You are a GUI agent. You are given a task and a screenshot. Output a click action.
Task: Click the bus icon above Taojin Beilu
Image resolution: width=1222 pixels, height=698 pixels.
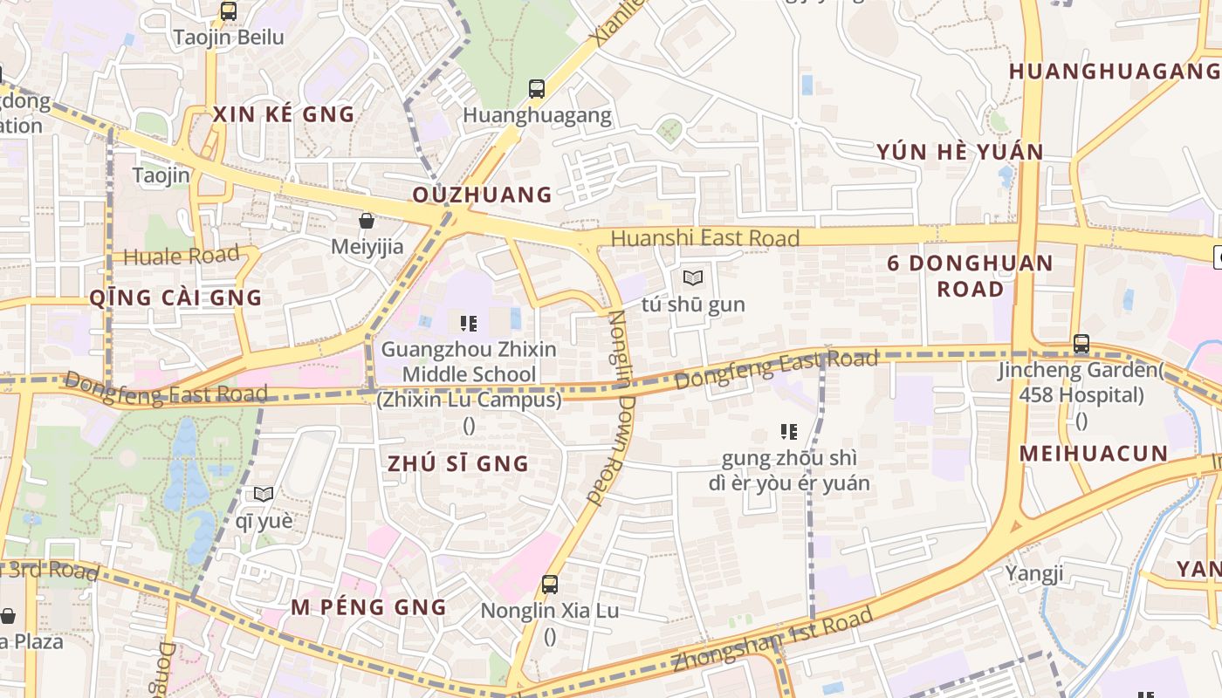(228, 11)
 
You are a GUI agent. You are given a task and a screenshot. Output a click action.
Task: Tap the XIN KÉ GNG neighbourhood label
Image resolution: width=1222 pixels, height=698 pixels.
(284, 114)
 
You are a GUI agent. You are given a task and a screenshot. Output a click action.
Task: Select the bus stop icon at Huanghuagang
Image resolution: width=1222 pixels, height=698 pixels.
(536, 88)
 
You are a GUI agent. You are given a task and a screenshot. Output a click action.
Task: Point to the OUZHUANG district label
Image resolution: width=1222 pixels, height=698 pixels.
(482, 195)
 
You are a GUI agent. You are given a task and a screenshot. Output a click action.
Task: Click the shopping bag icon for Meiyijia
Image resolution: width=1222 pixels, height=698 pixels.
(367, 221)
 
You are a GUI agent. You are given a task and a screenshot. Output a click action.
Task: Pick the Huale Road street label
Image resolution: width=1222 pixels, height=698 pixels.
(182, 256)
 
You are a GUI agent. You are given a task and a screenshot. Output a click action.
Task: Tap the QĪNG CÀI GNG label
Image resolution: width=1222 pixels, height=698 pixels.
(175, 298)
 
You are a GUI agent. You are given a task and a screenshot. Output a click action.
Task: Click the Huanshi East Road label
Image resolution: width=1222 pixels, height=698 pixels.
(704, 238)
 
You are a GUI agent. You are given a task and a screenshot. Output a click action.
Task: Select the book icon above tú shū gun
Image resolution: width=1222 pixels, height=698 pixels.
(693, 278)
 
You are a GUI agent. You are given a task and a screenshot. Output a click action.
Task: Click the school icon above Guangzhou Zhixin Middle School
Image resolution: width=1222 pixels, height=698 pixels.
(469, 324)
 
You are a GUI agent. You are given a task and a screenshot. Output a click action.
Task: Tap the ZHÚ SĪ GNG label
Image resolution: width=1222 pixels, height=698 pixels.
(458, 463)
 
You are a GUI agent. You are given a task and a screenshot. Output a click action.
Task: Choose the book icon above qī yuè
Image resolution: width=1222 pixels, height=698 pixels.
(264, 494)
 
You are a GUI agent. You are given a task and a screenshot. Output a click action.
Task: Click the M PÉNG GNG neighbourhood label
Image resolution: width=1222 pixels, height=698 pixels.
(368, 607)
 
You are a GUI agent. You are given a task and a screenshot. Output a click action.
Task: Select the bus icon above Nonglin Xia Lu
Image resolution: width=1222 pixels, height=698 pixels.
(550, 584)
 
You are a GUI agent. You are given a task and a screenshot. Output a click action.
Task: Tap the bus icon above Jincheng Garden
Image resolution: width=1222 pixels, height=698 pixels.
(1081, 344)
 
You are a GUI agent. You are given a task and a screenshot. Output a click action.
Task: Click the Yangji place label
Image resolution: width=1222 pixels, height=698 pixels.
(1034, 573)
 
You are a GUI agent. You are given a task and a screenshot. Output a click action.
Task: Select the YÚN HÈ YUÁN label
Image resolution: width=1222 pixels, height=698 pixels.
(960, 152)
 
